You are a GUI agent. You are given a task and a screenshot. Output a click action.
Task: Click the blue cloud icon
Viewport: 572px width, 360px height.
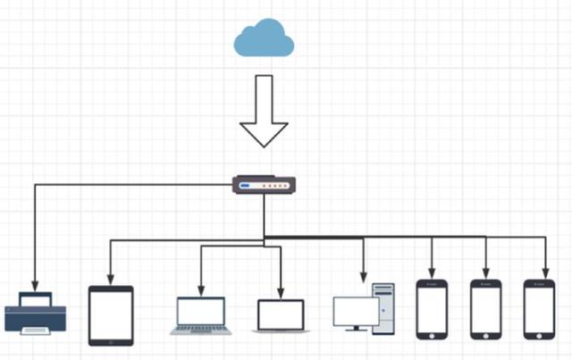point(264,39)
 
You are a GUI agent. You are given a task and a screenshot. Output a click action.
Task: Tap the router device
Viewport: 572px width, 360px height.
point(263,186)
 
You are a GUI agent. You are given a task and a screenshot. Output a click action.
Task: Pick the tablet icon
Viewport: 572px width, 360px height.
point(111,315)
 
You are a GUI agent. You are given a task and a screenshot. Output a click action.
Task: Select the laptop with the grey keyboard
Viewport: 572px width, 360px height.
point(201,315)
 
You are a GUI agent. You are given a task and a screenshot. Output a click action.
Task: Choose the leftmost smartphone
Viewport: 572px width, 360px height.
point(432,309)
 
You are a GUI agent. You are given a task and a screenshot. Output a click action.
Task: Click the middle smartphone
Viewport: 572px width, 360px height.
point(486,309)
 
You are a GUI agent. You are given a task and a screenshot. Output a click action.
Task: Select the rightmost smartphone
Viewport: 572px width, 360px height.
point(540,309)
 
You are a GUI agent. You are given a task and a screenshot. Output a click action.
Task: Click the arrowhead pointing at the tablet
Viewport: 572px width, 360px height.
point(111,277)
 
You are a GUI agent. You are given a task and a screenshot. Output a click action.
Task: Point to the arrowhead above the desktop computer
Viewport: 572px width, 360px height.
point(363,276)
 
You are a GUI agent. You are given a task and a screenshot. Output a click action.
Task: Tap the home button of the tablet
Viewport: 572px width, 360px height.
point(111,340)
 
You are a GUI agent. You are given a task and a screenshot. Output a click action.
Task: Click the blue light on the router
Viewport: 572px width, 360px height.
point(244,186)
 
